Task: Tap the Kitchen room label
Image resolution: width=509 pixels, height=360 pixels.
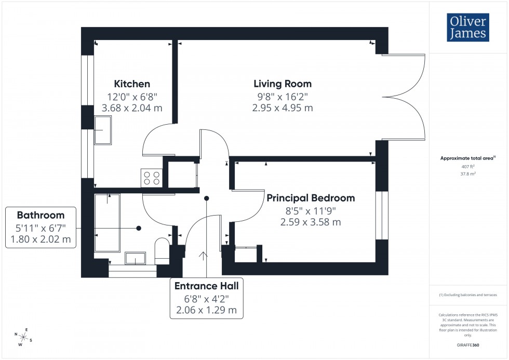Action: [132, 84]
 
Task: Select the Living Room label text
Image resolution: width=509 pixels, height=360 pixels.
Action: [282, 84]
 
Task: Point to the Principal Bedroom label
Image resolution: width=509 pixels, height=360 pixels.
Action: [311, 198]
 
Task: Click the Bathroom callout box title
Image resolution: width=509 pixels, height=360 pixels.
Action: [41, 215]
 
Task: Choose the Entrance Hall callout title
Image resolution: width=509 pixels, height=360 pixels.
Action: [206, 286]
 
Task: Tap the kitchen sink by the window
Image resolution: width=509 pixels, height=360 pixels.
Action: [102, 130]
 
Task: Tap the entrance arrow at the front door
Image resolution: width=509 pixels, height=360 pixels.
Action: [203, 256]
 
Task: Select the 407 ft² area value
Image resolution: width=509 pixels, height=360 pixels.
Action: [468, 167]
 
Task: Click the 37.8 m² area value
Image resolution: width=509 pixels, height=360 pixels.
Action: [468, 175]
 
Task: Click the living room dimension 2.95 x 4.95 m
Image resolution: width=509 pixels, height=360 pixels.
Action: [282, 108]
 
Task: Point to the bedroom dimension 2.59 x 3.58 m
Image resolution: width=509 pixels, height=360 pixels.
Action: [311, 222]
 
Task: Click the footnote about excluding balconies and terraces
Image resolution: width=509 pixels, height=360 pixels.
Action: [468, 295]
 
